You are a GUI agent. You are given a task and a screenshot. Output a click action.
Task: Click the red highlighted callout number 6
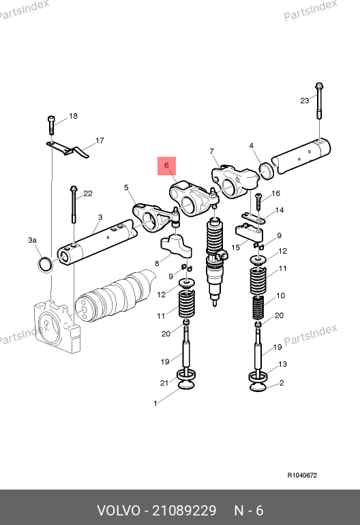pos(166,166)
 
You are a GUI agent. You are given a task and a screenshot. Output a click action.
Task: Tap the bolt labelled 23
pos(319,101)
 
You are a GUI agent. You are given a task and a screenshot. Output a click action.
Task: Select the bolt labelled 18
pos(51,125)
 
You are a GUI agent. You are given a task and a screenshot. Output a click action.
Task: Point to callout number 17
pos(100,140)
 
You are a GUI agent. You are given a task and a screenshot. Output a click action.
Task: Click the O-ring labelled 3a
pos(46,265)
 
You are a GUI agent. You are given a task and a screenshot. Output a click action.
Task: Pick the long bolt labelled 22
pos(74,205)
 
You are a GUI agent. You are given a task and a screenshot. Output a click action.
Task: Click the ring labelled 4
pos(267,170)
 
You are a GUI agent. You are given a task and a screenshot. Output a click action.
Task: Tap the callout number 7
pos(211,151)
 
